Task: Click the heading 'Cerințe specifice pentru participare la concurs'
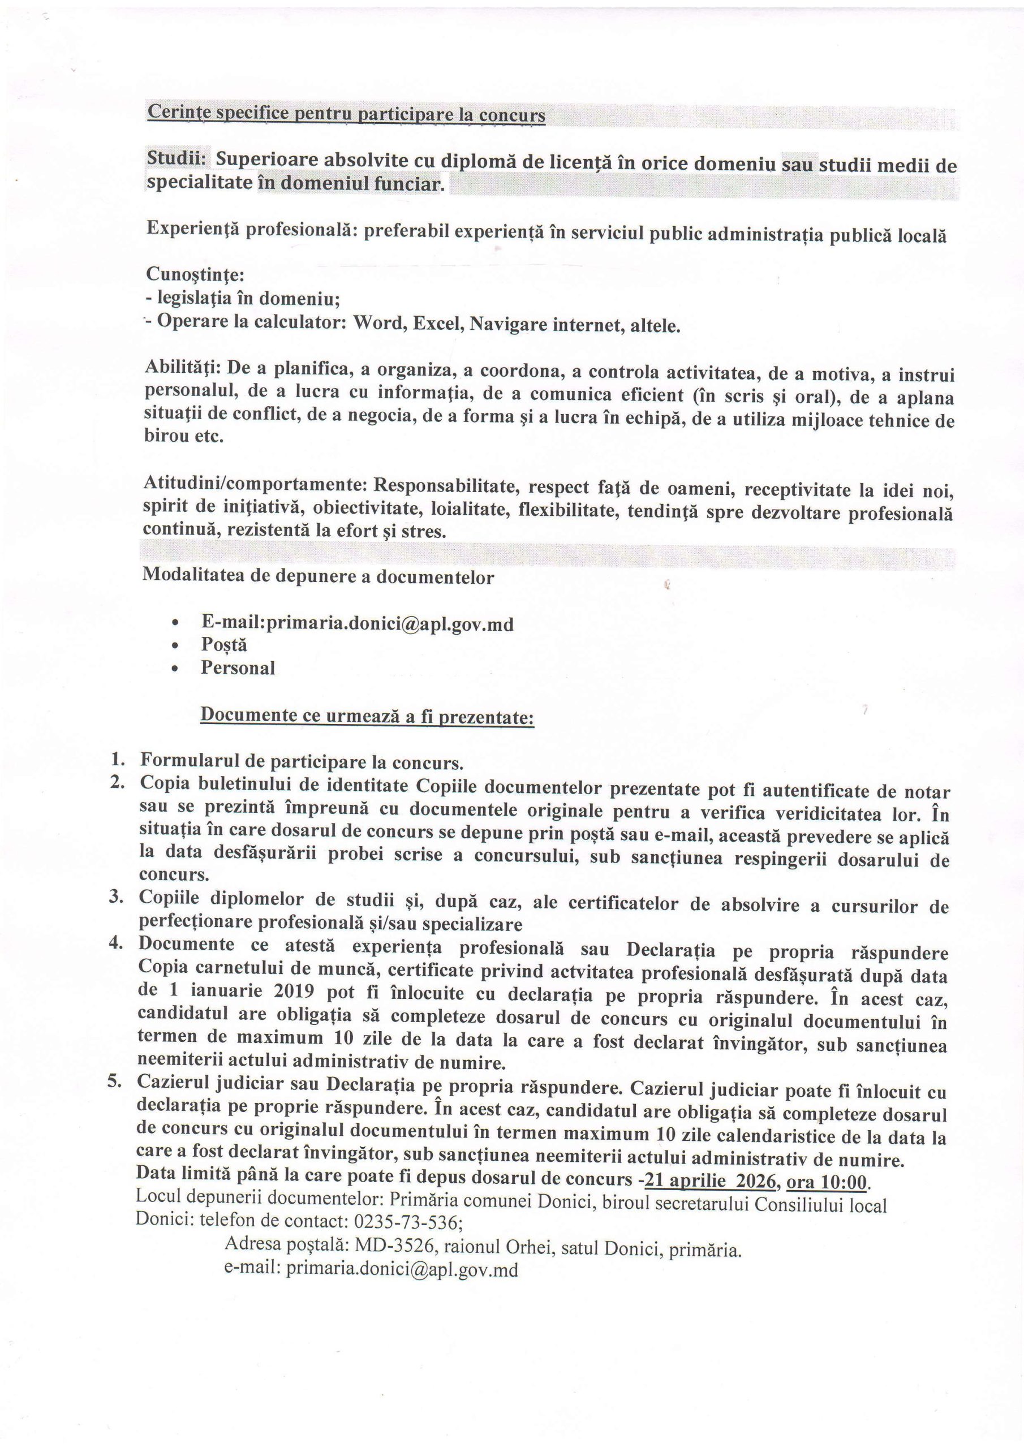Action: click(346, 114)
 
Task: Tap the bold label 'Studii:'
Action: click(177, 158)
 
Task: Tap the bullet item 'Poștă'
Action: click(224, 645)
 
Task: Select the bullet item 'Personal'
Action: click(238, 667)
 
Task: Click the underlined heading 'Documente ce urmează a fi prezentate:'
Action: click(367, 717)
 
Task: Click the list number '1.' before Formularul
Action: click(117, 759)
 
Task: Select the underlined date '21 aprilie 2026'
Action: click(709, 1180)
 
